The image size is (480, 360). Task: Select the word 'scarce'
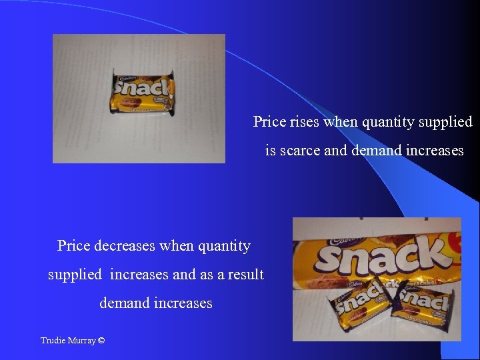(299, 151)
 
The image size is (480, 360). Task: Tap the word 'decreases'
(126, 246)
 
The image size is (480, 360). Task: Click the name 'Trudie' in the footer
(52, 341)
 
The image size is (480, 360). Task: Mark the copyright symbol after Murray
(101, 341)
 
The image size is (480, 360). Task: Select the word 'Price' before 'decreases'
(73, 246)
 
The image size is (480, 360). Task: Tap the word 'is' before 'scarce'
(270, 151)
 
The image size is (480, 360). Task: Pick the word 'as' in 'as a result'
(211, 275)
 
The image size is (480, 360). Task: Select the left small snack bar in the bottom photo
(361, 301)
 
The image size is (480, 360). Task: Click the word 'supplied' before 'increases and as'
(75, 275)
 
